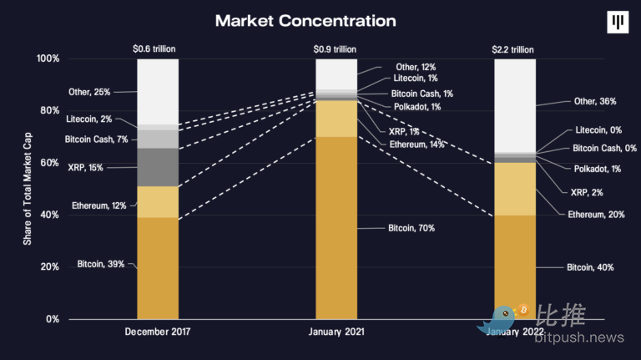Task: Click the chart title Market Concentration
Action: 305,19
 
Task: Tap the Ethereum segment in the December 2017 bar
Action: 158,201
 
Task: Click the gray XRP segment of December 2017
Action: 158,167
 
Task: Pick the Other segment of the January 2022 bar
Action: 515,106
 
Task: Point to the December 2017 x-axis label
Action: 158,332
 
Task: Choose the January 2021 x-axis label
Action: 336,332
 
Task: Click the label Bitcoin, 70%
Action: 411,227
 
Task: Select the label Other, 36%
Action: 595,101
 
